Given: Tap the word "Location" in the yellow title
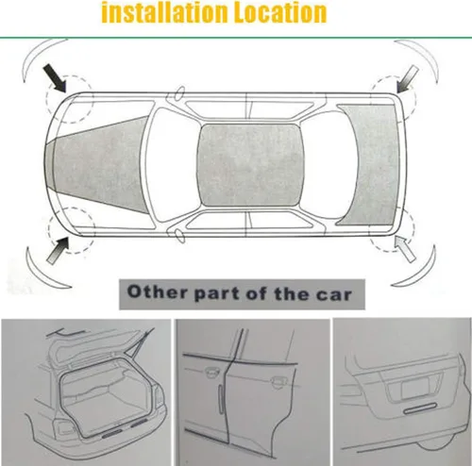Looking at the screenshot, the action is [x=280, y=13].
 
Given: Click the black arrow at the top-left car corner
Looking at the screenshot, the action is [x=55, y=78].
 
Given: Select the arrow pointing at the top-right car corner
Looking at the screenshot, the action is [x=408, y=80].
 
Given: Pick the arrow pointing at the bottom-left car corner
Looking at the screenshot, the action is [x=58, y=251].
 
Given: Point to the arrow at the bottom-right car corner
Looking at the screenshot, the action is [x=406, y=249].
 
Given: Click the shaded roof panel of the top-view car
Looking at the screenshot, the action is [x=250, y=165].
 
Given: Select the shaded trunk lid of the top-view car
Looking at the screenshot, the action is [x=371, y=165].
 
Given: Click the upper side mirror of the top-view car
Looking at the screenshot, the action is [x=179, y=93].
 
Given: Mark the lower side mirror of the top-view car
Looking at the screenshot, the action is [x=180, y=235].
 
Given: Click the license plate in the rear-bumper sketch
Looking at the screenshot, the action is [x=415, y=388].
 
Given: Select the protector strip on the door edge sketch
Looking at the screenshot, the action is [x=222, y=398].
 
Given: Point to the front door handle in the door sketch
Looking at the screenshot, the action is [x=211, y=373].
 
